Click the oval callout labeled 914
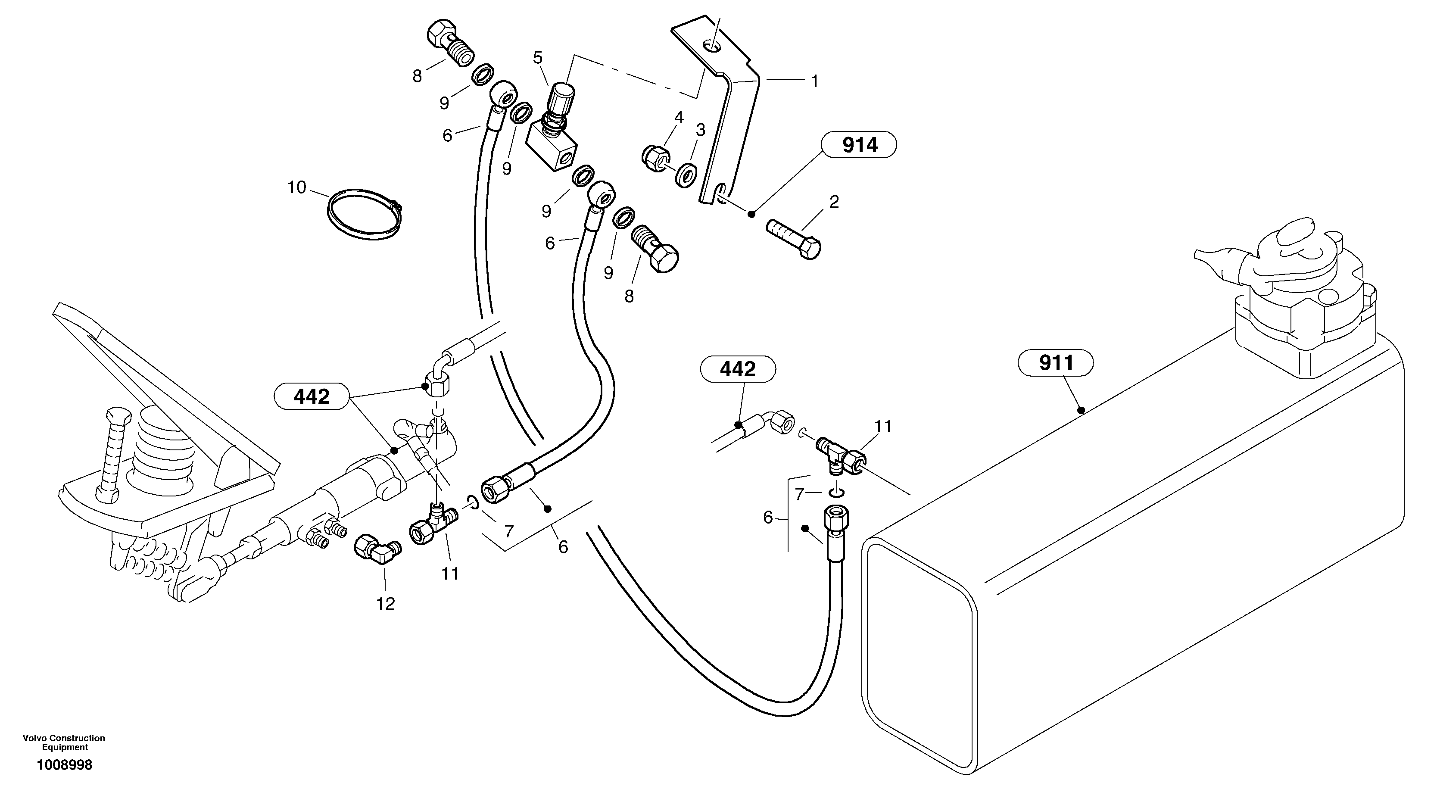coord(859,146)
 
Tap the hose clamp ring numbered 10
coord(364,215)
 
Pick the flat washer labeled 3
coord(685,174)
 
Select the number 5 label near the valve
coord(538,57)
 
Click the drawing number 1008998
coord(65,765)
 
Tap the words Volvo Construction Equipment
coord(64,742)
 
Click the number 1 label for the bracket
coord(814,81)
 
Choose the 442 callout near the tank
coord(738,369)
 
